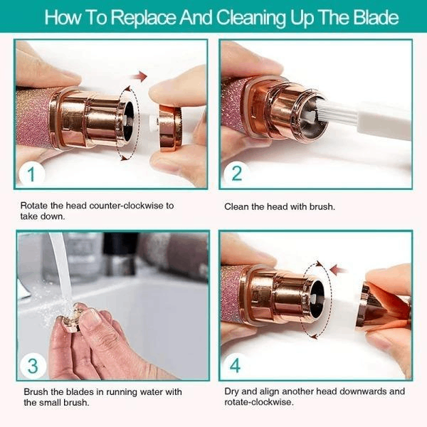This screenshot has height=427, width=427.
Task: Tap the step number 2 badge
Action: pyautogui.click(x=237, y=173)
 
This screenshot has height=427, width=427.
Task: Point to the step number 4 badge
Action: pyautogui.click(x=237, y=366)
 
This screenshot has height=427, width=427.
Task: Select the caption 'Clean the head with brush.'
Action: pyautogui.click(x=280, y=206)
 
